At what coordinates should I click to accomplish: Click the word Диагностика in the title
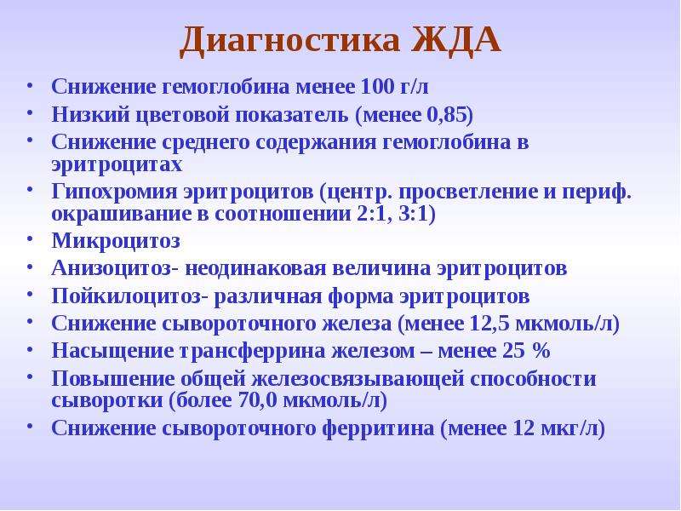click(289, 40)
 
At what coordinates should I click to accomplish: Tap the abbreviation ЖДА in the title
click(456, 40)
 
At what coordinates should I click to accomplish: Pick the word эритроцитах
click(117, 165)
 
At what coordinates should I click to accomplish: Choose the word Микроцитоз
click(116, 241)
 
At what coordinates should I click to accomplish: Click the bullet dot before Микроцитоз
click(30, 239)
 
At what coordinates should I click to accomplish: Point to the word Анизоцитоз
click(112, 268)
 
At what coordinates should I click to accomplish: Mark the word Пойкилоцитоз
click(126, 296)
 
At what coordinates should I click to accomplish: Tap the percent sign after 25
click(541, 350)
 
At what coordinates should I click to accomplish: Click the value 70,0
click(258, 400)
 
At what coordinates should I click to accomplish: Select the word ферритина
click(378, 428)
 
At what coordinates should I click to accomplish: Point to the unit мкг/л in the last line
click(569, 428)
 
